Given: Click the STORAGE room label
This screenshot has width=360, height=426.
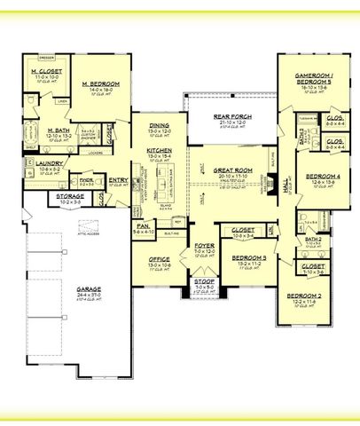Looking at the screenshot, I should pos(44,196).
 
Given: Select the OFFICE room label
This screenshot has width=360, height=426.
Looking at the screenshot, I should pos(159,259).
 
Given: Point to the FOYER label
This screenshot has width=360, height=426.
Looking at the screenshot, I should pos(204,245).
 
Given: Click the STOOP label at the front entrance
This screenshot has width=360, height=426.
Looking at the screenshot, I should pos(203,282).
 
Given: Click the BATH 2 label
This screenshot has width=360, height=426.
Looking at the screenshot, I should pos(312,239).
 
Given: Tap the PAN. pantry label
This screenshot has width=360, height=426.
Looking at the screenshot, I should pos(142,226).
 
